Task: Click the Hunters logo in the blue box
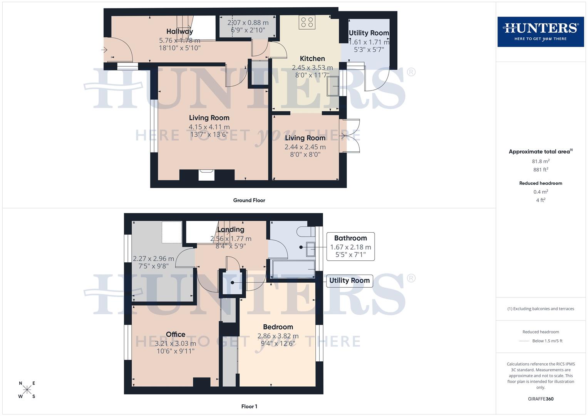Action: pyautogui.click(x=540, y=32)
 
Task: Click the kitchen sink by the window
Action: pyautogui.click(x=332, y=86)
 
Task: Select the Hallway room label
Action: pyautogui.click(x=179, y=32)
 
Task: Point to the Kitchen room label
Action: pyautogui.click(x=312, y=59)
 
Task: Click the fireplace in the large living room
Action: pyautogui.click(x=206, y=175)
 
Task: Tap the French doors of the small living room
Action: pyautogui.click(x=351, y=136)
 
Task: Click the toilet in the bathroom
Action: pyautogui.click(x=304, y=232)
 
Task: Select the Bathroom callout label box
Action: pyautogui.click(x=350, y=246)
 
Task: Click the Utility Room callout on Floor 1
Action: pyautogui.click(x=349, y=280)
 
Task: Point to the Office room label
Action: pyautogui.click(x=176, y=334)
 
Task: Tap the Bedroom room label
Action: pyautogui.click(x=278, y=327)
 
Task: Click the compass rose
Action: pyautogui.click(x=27, y=390)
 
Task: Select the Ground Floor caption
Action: pyautogui.click(x=249, y=200)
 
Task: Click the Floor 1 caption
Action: pyautogui.click(x=249, y=406)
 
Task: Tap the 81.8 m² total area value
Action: pyautogui.click(x=541, y=161)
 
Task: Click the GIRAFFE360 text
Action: pyautogui.click(x=541, y=399)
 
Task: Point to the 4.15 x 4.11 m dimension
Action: pyautogui.click(x=209, y=127)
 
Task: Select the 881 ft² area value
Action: pyautogui.click(x=541, y=169)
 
